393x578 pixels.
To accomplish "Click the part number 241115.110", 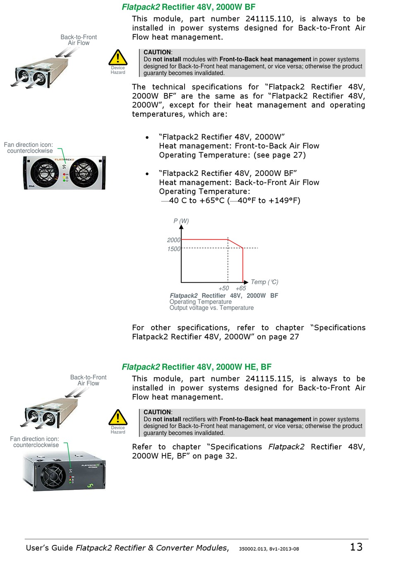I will (x=269, y=19).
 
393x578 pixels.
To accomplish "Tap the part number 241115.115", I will (x=269, y=379).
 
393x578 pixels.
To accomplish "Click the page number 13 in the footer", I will (x=356, y=547).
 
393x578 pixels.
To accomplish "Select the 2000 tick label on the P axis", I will (x=174, y=240).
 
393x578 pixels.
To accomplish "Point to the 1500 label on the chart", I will (x=174, y=249).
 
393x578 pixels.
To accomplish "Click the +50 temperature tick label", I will (x=224, y=288).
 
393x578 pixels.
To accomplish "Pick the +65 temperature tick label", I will (x=241, y=288).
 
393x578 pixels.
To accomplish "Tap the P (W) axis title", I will (x=181, y=221).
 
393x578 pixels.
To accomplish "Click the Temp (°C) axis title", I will (x=265, y=282).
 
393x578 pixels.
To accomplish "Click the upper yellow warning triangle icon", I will (x=118, y=58).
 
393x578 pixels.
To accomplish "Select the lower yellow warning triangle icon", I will (x=118, y=418).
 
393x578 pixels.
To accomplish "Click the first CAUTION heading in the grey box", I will (x=158, y=53).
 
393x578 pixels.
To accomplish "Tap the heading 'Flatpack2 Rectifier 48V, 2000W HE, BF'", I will (x=196, y=367).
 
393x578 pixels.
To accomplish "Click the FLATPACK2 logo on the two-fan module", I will (x=64, y=159).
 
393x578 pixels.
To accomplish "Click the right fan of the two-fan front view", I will (x=84, y=173).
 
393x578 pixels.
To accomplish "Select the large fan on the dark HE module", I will (x=53, y=475).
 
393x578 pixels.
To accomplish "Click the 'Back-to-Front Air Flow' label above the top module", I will (x=79, y=40).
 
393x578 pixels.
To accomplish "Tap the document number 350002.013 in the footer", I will (x=253, y=549).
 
